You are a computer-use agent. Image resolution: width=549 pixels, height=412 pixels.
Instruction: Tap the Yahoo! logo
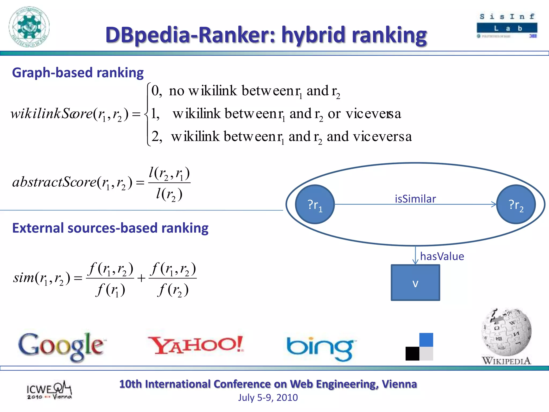tap(196, 345)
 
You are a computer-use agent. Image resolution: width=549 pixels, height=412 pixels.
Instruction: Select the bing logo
tap(320, 348)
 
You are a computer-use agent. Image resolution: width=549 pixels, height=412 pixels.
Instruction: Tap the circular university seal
tap(29, 27)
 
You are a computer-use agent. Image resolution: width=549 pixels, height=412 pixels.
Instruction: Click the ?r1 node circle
tap(315, 204)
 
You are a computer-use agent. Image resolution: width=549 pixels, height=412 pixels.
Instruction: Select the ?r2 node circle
tap(516, 204)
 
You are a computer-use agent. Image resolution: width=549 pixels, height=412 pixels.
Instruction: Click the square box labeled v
tap(415, 283)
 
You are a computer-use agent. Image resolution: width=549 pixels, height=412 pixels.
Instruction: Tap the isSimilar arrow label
tap(415, 199)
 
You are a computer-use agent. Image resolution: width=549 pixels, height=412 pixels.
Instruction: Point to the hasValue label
tap(442, 256)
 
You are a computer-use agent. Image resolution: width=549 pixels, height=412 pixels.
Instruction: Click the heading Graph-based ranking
tap(78, 73)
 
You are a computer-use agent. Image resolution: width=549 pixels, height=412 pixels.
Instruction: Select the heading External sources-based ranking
tap(110, 228)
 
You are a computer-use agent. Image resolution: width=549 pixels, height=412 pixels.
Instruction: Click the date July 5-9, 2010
tap(268, 397)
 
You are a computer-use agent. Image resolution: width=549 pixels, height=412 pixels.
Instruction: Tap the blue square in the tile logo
tap(426, 340)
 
